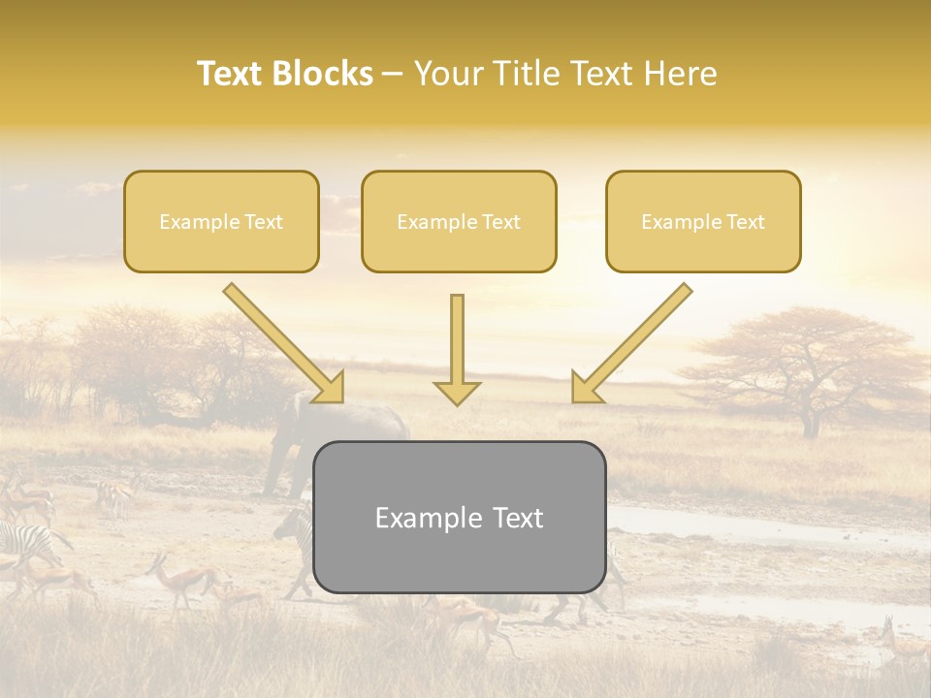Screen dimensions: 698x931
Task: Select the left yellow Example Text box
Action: point(221,221)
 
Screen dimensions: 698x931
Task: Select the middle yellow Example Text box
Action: point(459,221)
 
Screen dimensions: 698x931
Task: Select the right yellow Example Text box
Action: point(703,221)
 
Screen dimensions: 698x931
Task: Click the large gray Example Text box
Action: point(459,517)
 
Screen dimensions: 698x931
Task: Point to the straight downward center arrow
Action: point(457,344)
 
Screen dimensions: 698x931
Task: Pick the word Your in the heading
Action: point(447,74)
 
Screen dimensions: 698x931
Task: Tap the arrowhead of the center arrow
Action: point(457,392)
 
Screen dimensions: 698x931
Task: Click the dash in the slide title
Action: point(393,75)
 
